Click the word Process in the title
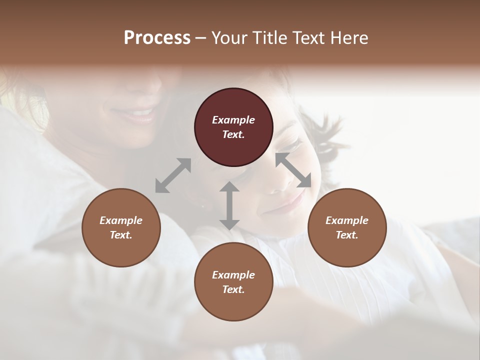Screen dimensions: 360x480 [157, 38]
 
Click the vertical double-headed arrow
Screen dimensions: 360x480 [229, 205]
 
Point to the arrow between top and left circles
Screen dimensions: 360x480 [173, 175]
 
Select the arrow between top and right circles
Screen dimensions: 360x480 [293, 170]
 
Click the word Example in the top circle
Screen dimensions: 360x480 [233, 120]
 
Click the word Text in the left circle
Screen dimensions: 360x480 [121, 235]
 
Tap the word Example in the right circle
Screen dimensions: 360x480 [346, 220]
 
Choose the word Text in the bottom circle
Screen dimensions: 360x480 [233, 289]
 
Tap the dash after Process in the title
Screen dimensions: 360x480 [201, 38]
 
